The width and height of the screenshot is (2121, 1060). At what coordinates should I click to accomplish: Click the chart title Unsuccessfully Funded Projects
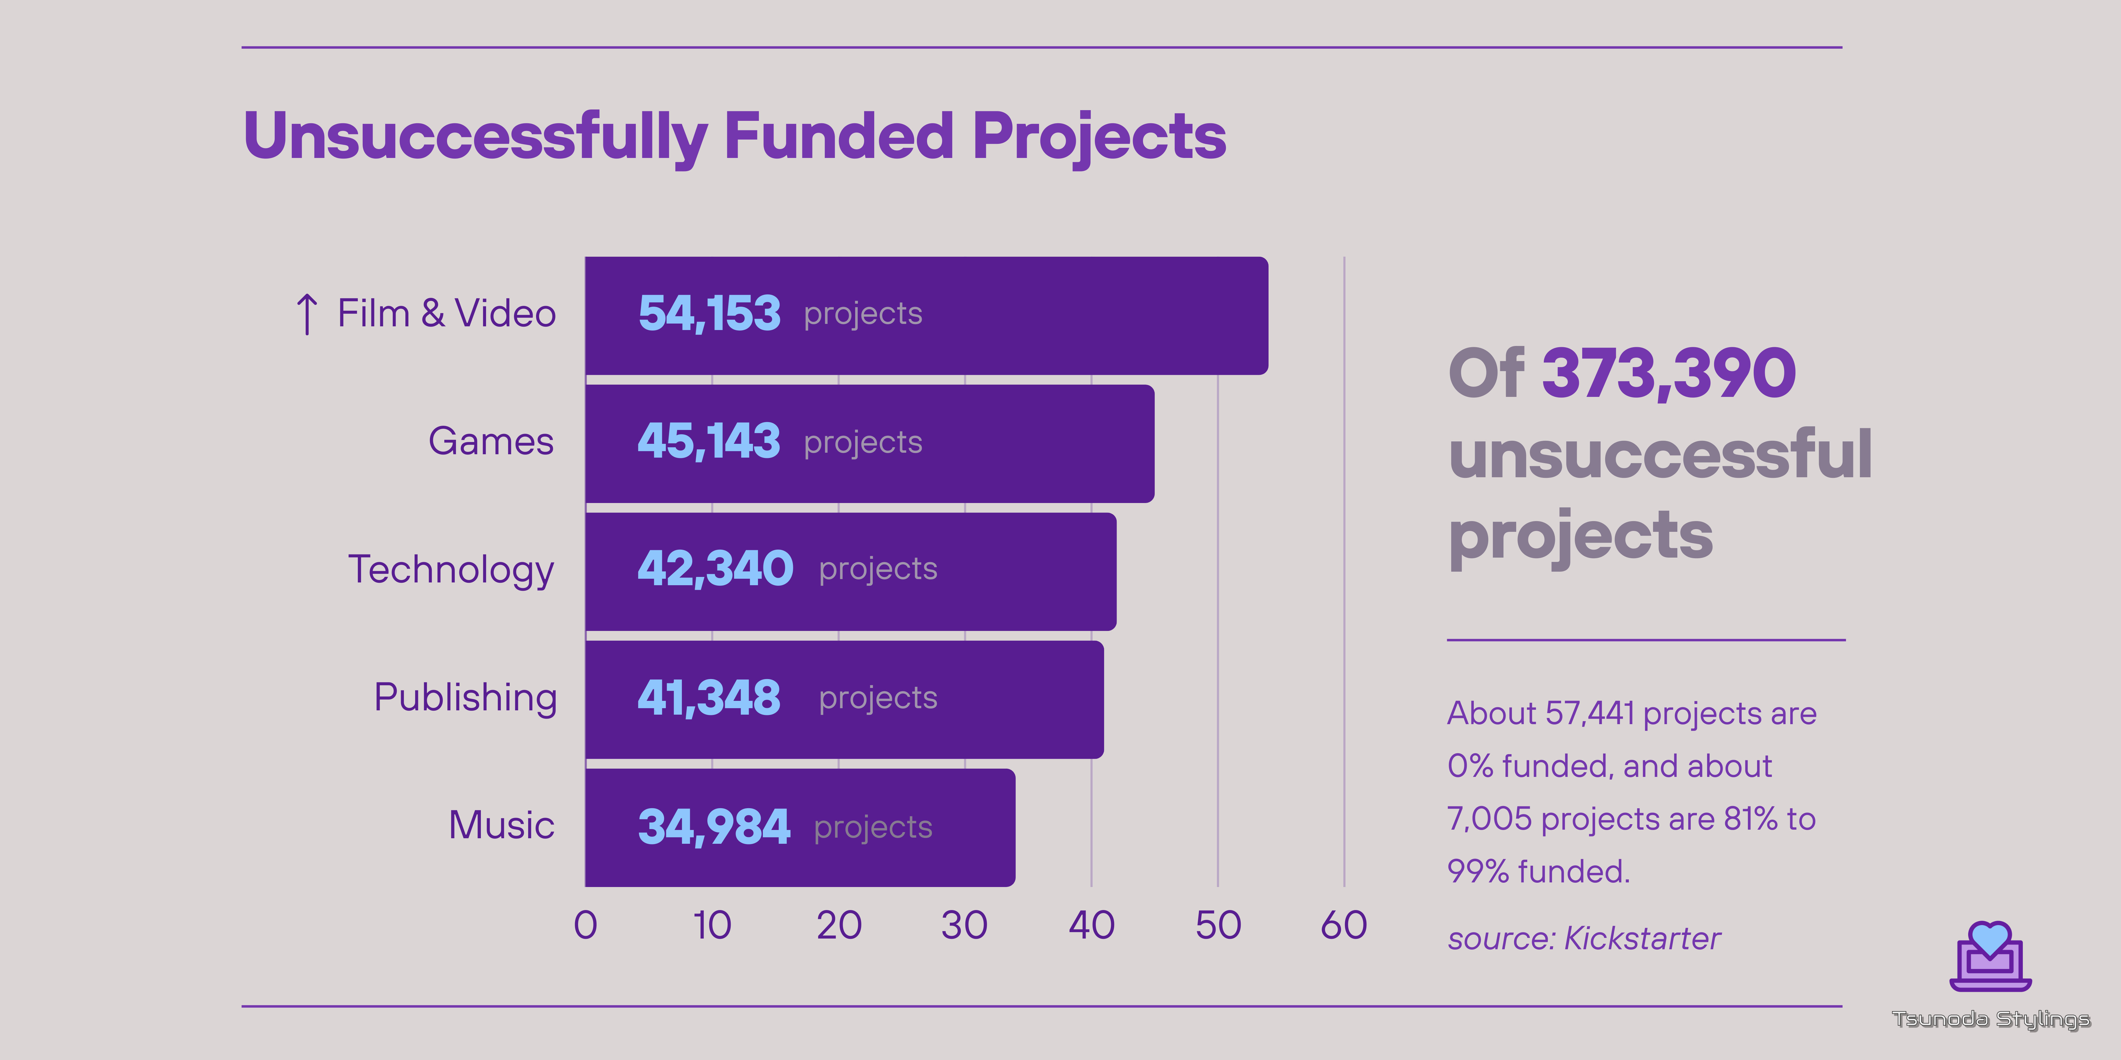[x=734, y=136]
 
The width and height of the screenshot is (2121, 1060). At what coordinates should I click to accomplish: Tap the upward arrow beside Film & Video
[x=306, y=313]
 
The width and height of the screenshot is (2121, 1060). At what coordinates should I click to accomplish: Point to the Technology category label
[x=451, y=570]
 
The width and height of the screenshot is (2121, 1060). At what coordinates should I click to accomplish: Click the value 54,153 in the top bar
[x=709, y=313]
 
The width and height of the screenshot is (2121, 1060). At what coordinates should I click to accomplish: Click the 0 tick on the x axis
[x=585, y=925]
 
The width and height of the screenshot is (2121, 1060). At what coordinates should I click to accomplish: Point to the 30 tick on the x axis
[x=964, y=925]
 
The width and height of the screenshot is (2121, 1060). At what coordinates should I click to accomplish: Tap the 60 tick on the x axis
[x=1344, y=925]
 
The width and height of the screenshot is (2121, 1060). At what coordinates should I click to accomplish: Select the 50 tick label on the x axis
[x=1218, y=925]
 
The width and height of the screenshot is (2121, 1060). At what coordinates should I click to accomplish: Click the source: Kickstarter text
[x=1584, y=938]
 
